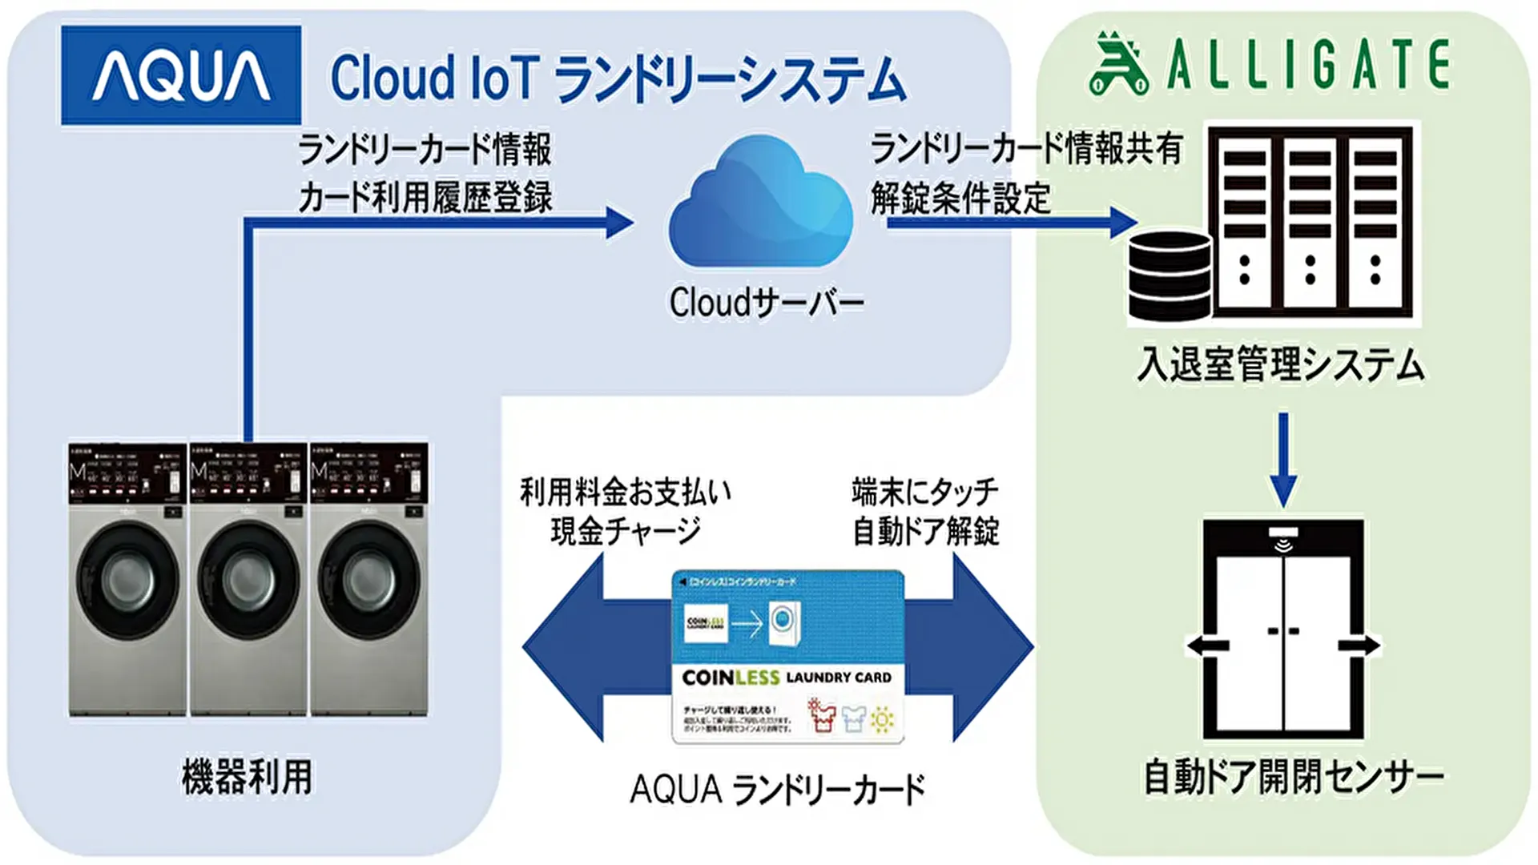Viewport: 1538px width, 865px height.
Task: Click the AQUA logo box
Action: pos(181,75)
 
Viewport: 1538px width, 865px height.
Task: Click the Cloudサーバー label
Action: pos(767,304)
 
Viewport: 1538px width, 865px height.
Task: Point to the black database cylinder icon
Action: pos(1169,276)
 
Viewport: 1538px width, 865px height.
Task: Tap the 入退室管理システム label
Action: pos(1280,364)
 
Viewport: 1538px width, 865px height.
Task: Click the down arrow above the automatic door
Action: pos(1283,461)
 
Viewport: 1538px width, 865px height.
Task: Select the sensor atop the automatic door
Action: pos(1283,537)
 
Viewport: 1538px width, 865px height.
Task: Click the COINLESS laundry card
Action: pos(787,657)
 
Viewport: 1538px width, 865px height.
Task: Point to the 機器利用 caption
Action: pos(247,777)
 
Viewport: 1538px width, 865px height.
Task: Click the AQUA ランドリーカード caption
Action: pos(777,790)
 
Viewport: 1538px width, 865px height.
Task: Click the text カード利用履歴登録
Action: pos(425,198)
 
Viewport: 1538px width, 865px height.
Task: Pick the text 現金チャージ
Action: pos(625,531)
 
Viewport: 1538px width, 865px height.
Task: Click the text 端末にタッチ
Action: pos(925,491)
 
